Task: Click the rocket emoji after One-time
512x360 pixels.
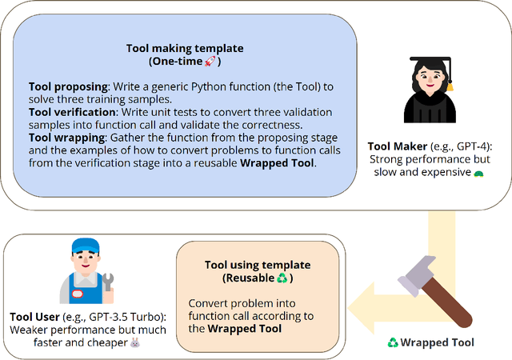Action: tap(210, 62)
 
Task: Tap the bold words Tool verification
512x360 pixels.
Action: tap(70, 112)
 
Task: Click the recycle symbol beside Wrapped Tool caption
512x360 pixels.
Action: tap(393, 343)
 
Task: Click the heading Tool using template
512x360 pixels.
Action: tap(246, 265)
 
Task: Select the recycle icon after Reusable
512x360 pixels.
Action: tap(281, 278)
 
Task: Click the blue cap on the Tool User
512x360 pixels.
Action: tap(85, 246)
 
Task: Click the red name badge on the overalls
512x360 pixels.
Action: tap(77, 292)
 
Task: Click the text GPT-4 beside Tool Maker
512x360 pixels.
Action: tap(474, 147)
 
